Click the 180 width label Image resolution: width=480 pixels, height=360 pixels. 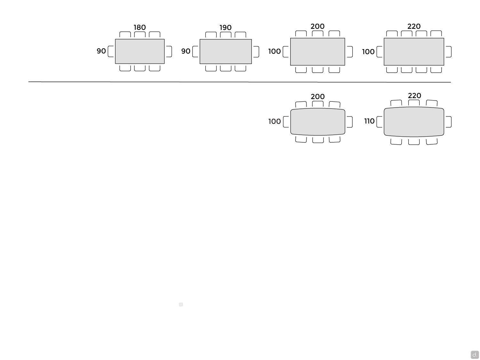[140, 27]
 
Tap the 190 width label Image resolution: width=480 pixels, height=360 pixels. [226, 28]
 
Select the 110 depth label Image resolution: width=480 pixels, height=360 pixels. [369, 121]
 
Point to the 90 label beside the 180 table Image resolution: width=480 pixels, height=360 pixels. [101, 51]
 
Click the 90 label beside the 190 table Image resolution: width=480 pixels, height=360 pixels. [186, 51]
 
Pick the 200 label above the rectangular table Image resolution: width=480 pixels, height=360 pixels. [317, 27]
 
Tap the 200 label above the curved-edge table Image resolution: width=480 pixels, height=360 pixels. [318, 96]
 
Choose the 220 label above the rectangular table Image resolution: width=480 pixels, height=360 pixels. [414, 27]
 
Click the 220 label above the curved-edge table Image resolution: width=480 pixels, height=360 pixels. [414, 95]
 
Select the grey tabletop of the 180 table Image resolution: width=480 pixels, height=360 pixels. [140, 52]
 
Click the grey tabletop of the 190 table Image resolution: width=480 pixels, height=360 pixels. [226, 52]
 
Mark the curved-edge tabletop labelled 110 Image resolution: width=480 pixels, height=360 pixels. [414, 122]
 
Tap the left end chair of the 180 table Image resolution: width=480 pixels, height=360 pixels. [111, 52]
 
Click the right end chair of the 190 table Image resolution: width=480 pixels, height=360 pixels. [256, 52]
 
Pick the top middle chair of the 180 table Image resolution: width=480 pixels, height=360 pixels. [140, 35]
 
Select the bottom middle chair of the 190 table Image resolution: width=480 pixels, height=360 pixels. [226, 68]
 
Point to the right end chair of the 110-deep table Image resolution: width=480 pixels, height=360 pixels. [449, 122]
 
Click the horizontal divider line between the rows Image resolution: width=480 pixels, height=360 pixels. [239, 82]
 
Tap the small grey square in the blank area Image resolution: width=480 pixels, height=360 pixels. [181, 305]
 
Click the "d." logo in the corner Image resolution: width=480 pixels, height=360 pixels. [475, 354]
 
